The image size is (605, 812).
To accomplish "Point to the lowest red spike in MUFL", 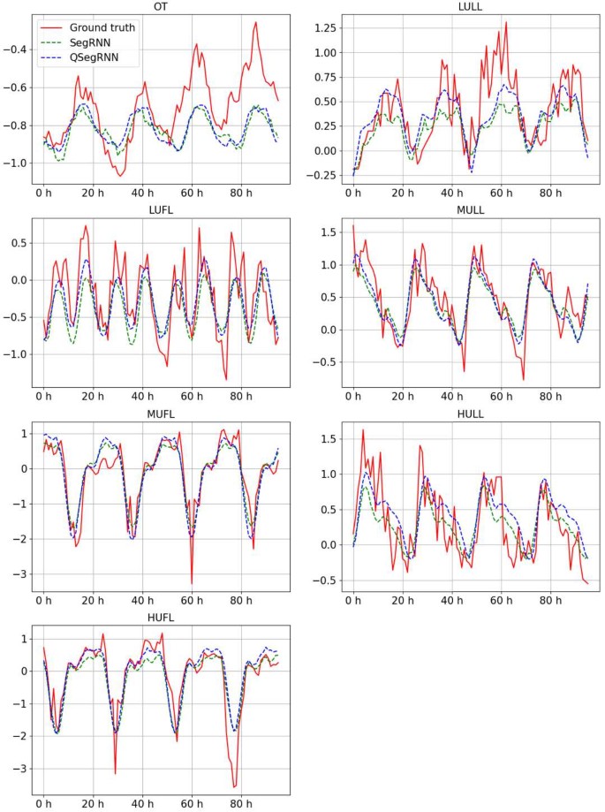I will pyautogui.click(x=192, y=583).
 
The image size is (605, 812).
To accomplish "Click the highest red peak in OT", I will pyautogui.click(x=255, y=22).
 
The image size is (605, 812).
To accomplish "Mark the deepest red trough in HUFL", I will pyautogui.click(x=235, y=786).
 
